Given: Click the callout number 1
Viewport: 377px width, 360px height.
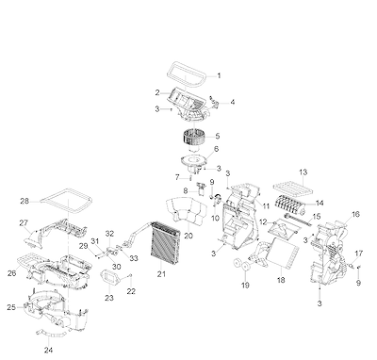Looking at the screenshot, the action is [220, 75].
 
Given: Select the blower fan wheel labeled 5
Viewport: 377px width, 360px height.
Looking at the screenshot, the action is [193, 138].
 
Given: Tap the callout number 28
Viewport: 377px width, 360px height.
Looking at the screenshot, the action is [25, 201].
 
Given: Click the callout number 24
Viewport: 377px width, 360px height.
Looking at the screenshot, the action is [48, 350].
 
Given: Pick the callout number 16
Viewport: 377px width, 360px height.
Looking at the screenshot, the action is [355, 215].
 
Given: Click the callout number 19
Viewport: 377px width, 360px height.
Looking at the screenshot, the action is [245, 285].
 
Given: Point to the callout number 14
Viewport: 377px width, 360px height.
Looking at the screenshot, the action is [320, 204].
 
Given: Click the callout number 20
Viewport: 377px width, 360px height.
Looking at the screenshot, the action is [188, 236].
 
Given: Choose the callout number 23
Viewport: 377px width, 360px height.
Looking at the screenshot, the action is [109, 298].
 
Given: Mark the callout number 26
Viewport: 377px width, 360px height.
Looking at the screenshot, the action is [11, 273].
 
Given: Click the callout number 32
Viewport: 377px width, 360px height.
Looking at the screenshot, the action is [109, 234].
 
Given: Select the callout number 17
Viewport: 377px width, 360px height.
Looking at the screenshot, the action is [359, 254].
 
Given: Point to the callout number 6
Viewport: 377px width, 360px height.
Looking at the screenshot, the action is [217, 149].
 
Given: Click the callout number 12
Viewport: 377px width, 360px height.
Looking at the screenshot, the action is [263, 222].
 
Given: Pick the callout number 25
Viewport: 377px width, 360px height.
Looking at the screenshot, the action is [11, 307].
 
